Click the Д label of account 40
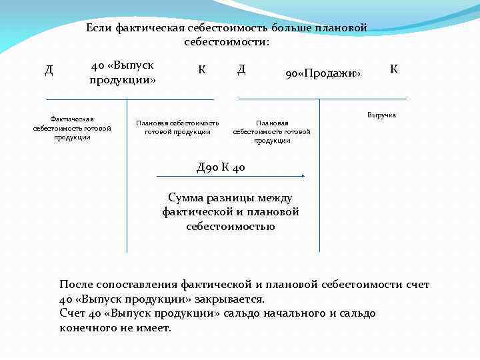(49, 69)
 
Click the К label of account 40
(202, 69)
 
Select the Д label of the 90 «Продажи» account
(241, 69)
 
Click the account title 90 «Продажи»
(323, 73)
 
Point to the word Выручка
(381, 115)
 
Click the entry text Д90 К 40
(221, 167)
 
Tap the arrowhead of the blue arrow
(303, 176)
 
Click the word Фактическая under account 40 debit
(72, 119)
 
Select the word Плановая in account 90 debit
(272, 123)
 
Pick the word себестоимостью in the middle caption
(231, 226)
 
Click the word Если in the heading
(99, 28)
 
